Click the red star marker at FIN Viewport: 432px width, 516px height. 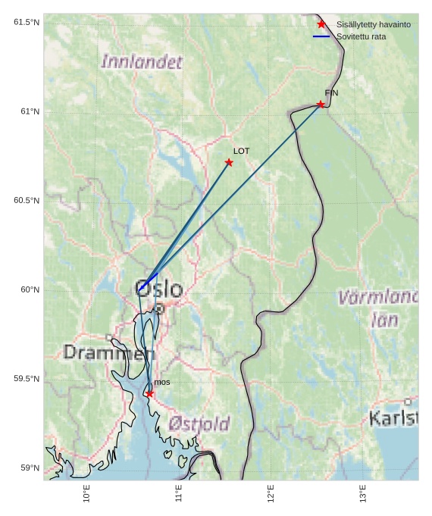tap(321, 105)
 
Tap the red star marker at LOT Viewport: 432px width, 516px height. tap(229, 163)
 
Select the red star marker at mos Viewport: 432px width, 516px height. tap(149, 393)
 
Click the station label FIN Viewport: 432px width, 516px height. tap(331, 93)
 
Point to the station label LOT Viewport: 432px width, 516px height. tap(241, 152)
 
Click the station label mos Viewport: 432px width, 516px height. tap(162, 383)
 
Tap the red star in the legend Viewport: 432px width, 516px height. tap(321, 25)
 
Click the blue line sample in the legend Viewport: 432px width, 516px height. tap(321, 36)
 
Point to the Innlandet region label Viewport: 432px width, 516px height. tap(142, 62)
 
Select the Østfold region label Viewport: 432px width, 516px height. tap(199, 424)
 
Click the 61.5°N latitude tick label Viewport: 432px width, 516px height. tap(26, 23)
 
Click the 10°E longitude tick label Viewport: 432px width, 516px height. tap(87, 493)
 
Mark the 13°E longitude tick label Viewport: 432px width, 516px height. tap(363, 493)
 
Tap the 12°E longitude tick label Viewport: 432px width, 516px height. tap(271, 493)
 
